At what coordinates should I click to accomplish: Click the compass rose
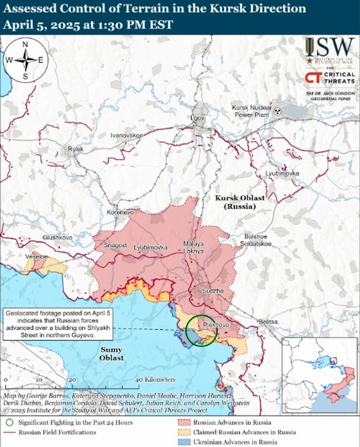click(25, 60)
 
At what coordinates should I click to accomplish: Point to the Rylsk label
click(75, 149)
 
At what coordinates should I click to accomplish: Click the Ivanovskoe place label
click(126, 136)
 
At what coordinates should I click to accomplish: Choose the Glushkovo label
click(57, 237)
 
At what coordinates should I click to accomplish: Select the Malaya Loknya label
click(193, 247)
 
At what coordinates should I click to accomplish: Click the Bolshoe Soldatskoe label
click(256, 240)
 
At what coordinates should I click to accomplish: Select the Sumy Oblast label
click(111, 354)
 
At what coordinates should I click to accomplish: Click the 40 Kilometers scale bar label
click(156, 380)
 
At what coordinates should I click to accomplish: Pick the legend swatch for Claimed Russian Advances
click(184, 432)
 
